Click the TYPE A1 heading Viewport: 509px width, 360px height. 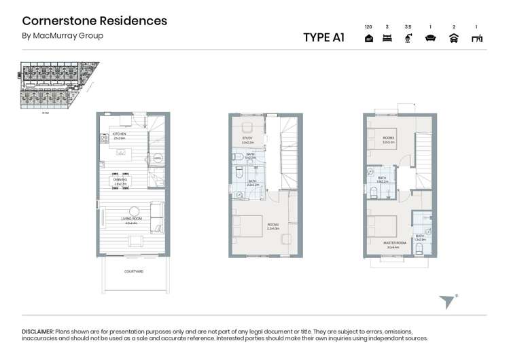pos(323,37)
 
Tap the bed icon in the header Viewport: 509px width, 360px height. pos(387,39)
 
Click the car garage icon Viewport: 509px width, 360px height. pos(453,39)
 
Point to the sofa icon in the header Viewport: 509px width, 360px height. pos(430,39)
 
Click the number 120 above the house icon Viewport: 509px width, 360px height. pos(368,27)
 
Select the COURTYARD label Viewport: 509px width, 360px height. pos(133,271)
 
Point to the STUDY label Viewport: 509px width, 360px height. pos(247,139)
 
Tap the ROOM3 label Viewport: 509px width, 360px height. pos(389,139)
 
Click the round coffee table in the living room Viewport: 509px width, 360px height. pos(135,211)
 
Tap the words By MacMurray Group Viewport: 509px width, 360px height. pos(63,36)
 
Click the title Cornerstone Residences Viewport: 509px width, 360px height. pos(94,20)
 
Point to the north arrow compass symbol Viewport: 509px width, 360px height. pos(447,302)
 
